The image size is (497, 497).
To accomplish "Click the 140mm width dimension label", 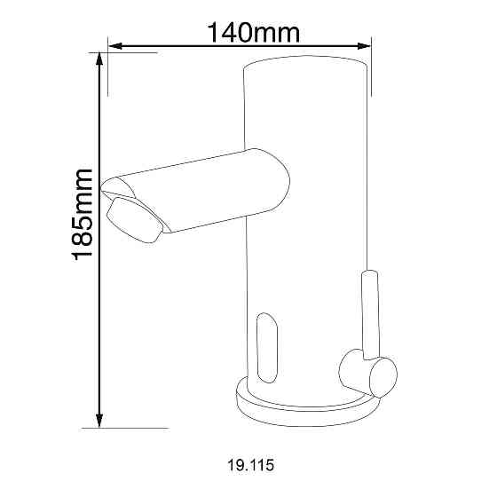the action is [x=253, y=33].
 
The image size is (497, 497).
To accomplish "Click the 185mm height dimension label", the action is [x=82, y=215].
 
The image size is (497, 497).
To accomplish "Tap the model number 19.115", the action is [x=250, y=465].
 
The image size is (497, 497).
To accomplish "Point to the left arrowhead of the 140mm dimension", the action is [x=115, y=46].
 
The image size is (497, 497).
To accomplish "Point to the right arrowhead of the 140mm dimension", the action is [x=364, y=46].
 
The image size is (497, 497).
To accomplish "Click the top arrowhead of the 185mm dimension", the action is [x=99, y=59].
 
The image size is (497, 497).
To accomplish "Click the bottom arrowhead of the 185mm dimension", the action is [x=99, y=421].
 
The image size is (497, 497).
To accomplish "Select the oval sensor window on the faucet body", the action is [x=267, y=348].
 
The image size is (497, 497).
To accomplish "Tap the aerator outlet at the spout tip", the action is [x=135, y=220].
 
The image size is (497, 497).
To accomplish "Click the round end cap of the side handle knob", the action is [x=383, y=377].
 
